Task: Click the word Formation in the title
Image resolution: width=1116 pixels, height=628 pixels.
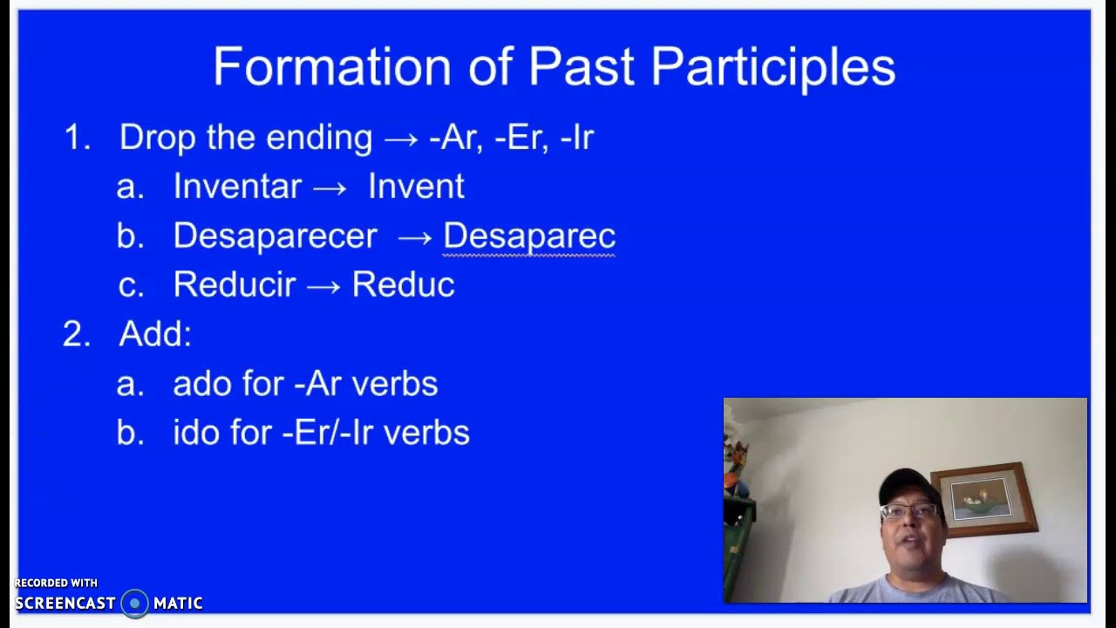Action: coord(332,67)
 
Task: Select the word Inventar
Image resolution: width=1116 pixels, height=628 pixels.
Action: coord(237,187)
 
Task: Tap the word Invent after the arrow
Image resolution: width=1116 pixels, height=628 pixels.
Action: coord(416,187)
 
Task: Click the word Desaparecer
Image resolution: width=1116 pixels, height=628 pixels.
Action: coord(275,236)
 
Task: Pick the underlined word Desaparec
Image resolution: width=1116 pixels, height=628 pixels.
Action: coord(529,236)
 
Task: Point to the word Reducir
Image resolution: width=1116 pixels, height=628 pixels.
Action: coord(235,285)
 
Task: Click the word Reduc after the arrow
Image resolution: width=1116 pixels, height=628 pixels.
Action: coord(403,285)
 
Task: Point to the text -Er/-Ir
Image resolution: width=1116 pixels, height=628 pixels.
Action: coord(328,433)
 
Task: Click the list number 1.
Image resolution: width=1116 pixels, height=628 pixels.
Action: coord(76,138)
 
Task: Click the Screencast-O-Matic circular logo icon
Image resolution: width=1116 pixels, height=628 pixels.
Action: coord(134,603)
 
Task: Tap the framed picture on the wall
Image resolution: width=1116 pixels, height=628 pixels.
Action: coord(983,500)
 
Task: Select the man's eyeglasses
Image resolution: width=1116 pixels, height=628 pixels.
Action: coord(908,511)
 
